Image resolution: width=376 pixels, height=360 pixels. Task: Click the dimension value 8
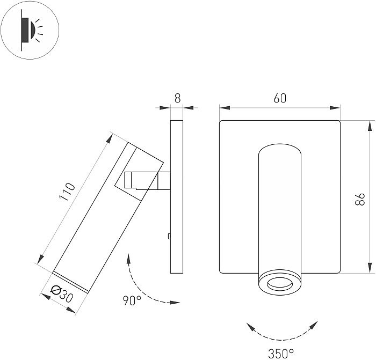coord(177,98)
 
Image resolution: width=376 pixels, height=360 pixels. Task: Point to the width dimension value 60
coord(280,98)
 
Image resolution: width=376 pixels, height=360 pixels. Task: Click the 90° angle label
coord(132,300)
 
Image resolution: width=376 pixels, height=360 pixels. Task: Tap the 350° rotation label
coord(281,352)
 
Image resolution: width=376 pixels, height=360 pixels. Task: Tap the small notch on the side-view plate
coord(169,236)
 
